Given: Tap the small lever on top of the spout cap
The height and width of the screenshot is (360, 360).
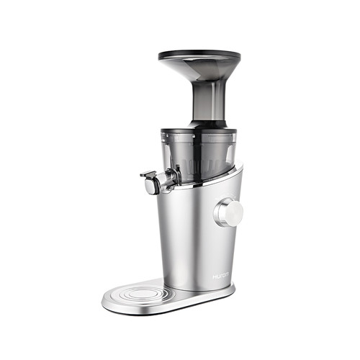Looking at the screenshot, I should click(x=147, y=174).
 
